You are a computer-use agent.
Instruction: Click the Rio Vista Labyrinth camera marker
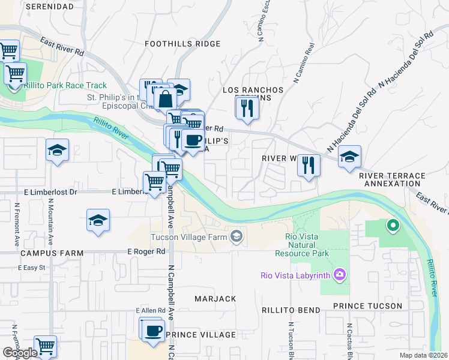pyautogui.click(x=340, y=275)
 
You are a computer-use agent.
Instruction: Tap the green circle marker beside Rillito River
pyautogui.click(x=393, y=226)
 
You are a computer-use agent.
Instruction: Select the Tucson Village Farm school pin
pyautogui.click(x=237, y=236)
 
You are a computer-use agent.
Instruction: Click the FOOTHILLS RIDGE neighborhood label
pyautogui.click(x=183, y=44)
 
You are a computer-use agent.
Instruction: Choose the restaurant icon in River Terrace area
pyautogui.click(x=309, y=164)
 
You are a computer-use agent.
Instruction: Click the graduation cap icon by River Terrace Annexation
pyautogui.click(x=349, y=157)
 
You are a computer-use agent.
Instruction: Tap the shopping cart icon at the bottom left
pyautogui.click(x=45, y=346)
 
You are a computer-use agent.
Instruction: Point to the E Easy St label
pyautogui.click(x=35, y=267)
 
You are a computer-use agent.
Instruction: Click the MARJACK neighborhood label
pyautogui.click(x=215, y=298)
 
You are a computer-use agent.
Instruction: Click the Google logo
pyautogui.click(x=20, y=352)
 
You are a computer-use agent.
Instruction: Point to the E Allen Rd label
pyautogui.click(x=150, y=310)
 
